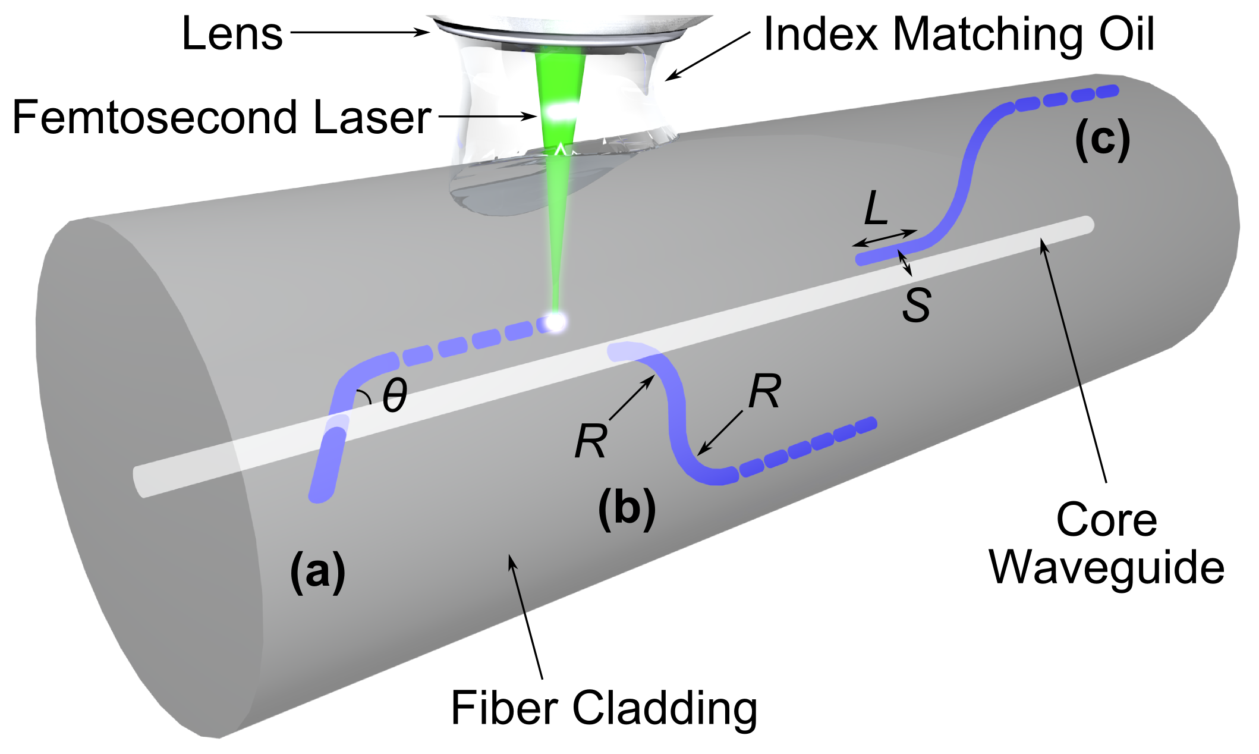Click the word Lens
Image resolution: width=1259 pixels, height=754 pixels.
tap(232, 34)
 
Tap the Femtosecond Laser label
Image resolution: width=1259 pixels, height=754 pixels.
tap(221, 118)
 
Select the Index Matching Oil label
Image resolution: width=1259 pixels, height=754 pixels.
tap(958, 34)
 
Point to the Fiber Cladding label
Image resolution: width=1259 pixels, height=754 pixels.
tap(604, 708)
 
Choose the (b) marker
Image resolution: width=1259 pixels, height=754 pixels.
tap(627, 508)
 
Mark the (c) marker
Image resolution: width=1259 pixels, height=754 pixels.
tap(1103, 140)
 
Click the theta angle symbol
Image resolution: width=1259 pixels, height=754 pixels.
tap(395, 396)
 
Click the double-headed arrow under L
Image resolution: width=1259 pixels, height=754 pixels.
tap(885, 238)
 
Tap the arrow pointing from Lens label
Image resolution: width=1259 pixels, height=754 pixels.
tap(360, 32)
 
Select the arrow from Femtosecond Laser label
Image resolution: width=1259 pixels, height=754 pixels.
tap(487, 117)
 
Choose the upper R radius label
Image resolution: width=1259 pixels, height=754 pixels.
tap(764, 392)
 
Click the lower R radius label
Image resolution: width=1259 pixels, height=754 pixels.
tap(591, 441)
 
